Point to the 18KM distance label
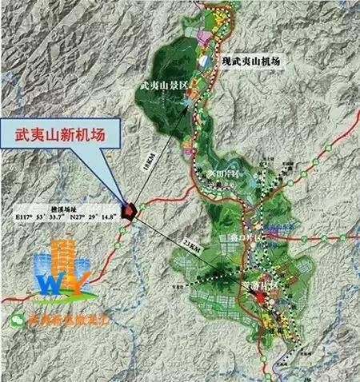point(166,160)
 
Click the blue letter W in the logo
point(47,281)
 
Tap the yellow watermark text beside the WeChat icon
point(73,319)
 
